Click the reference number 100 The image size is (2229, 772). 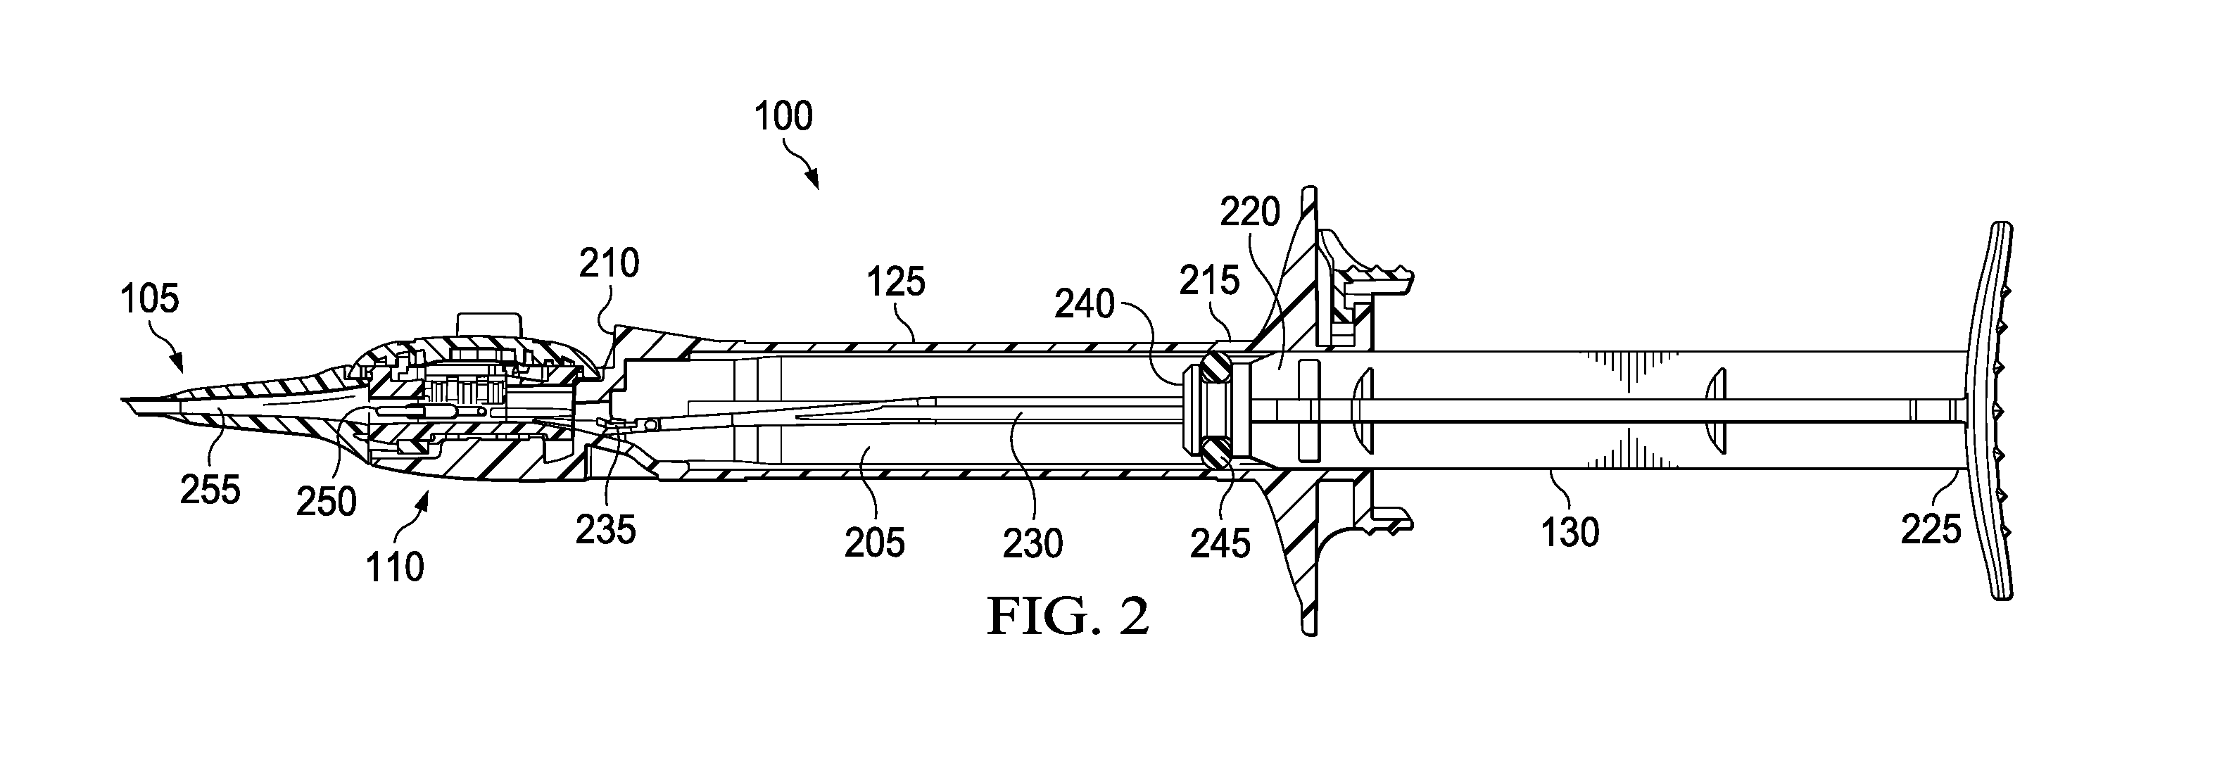click(x=784, y=117)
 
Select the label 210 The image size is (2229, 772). click(x=610, y=263)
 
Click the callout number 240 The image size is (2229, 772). click(x=1084, y=305)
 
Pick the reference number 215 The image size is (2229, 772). click(x=1211, y=280)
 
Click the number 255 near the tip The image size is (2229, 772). click(x=210, y=491)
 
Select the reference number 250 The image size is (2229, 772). click(x=326, y=502)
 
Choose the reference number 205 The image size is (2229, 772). click(x=875, y=543)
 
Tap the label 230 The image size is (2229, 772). click(x=1033, y=543)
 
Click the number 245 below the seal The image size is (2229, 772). click(x=1220, y=543)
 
